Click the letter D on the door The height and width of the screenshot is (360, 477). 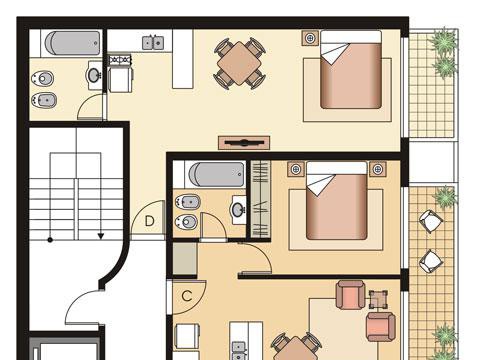tap(150, 221)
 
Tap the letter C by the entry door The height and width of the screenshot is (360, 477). tap(187, 296)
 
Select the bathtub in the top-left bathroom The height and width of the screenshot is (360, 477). tap(72, 43)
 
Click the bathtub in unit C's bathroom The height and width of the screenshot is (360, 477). tap(216, 174)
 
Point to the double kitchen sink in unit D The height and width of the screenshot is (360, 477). tap(153, 43)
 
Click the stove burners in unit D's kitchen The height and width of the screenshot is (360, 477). tap(120, 60)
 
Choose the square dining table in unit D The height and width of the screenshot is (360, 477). tap(239, 63)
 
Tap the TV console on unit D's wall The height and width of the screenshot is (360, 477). tap(244, 143)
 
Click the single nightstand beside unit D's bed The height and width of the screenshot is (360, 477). tap(310, 38)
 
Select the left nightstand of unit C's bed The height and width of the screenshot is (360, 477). tap(296, 169)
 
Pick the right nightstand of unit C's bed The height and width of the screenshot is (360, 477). tap(378, 169)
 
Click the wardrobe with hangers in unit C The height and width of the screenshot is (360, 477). tap(260, 199)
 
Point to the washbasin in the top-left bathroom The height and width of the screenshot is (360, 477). tap(94, 75)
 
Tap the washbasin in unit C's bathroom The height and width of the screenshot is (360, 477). tap(239, 210)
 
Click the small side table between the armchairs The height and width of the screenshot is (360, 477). tap(378, 299)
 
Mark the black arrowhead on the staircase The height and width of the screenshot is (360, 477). tap(101, 236)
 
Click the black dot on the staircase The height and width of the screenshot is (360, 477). tap(50, 240)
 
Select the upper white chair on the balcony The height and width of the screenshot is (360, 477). tap(431, 221)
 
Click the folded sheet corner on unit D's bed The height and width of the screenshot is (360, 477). tap(334, 54)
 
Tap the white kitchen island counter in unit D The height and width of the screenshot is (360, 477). tap(183, 59)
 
